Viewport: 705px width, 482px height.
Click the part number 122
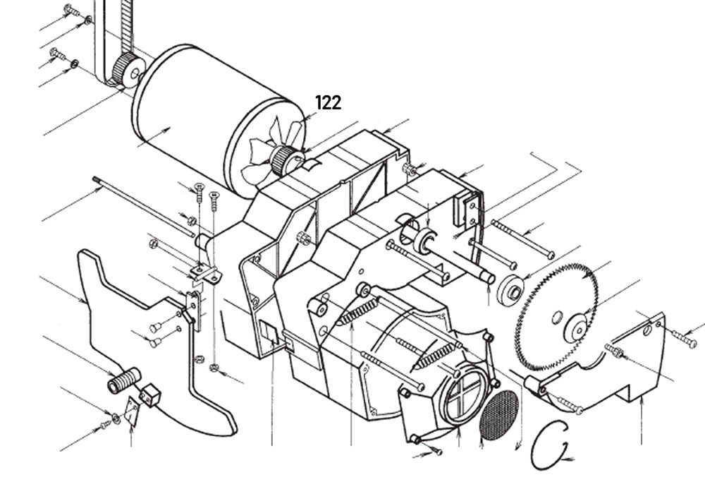(x=329, y=103)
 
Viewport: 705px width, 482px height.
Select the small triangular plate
(x=130, y=413)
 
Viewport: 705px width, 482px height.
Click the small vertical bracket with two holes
(x=191, y=311)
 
